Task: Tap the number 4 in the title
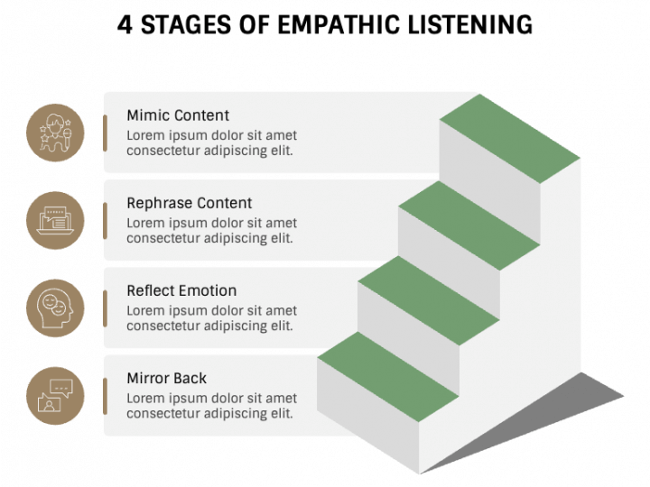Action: [125, 24]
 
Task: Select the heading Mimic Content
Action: [178, 115]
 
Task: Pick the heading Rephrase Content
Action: [190, 203]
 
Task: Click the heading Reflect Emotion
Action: [181, 290]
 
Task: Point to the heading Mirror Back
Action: [167, 378]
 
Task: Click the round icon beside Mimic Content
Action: [55, 133]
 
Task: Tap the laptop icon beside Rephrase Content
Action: [55, 221]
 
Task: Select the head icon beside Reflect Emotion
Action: [55, 308]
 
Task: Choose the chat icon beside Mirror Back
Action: [55, 396]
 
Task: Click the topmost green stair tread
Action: [510, 140]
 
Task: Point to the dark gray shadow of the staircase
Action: [578, 401]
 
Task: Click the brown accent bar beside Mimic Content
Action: [105, 133]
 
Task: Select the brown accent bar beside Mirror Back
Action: [105, 396]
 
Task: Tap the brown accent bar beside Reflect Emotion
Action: [105, 308]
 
